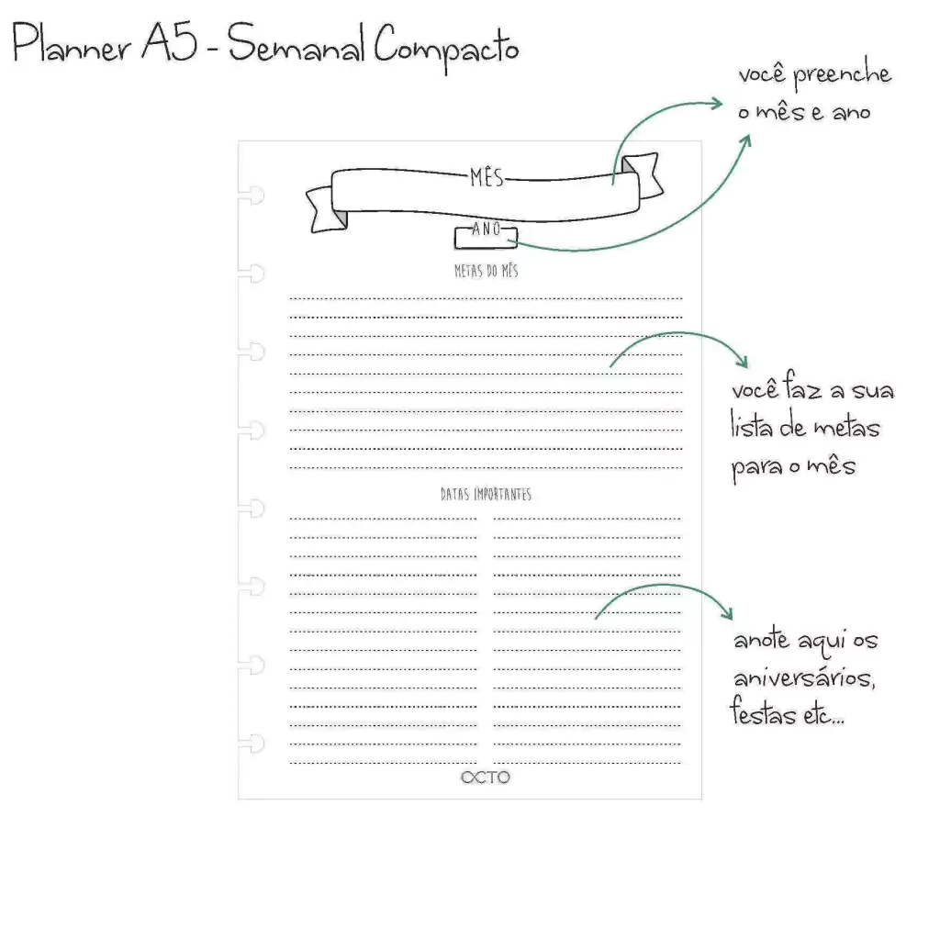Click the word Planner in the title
click(72, 42)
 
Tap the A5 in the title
click(169, 42)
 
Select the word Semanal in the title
click(296, 44)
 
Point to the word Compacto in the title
click(446, 47)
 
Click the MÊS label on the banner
click(487, 177)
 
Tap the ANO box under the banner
click(486, 236)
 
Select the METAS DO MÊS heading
click(487, 271)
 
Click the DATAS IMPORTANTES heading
click(487, 494)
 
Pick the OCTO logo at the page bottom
click(486, 778)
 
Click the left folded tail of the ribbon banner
click(327, 209)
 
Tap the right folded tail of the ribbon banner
click(643, 175)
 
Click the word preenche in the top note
click(843, 73)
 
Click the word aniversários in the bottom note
click(804, 678)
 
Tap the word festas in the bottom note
click(763, 711)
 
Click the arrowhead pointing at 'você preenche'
click(716, 104)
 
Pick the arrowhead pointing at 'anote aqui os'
click(727, 612)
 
